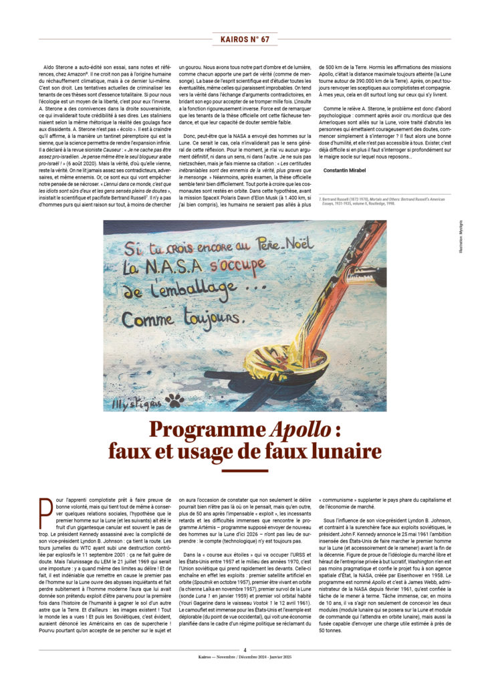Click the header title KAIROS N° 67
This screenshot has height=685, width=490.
(245, 39)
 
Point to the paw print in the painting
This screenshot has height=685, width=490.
(174, 400)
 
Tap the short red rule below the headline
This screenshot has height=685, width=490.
(245, 471)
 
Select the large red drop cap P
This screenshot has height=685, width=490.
(45, 514)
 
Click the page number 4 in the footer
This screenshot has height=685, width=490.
(245, 649)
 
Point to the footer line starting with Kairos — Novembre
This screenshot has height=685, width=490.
(245, 658)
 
